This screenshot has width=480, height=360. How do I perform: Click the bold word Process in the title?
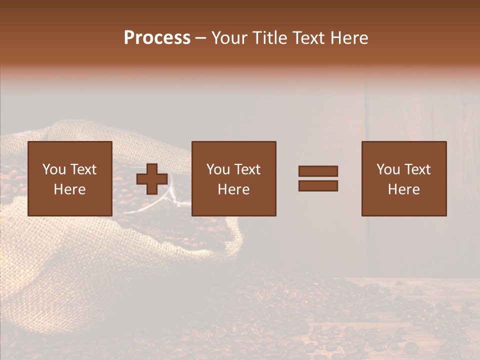(157, 38)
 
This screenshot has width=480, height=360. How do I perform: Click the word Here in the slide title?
(350, 38)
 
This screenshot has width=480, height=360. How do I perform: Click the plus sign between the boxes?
(152, 179)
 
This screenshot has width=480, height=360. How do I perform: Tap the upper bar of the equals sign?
(318, 171)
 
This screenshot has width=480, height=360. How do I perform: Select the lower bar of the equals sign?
(318, 186)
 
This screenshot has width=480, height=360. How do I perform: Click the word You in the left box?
(54, 169)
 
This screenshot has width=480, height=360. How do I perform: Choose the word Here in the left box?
(69, 189)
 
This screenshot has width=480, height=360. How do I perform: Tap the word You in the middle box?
(218, 169)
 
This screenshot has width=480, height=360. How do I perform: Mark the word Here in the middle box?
(233, 189)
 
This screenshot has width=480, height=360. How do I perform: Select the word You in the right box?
(388, 169)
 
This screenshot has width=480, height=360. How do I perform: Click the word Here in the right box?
(403, 189)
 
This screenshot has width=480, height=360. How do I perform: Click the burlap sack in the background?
(60, 260)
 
